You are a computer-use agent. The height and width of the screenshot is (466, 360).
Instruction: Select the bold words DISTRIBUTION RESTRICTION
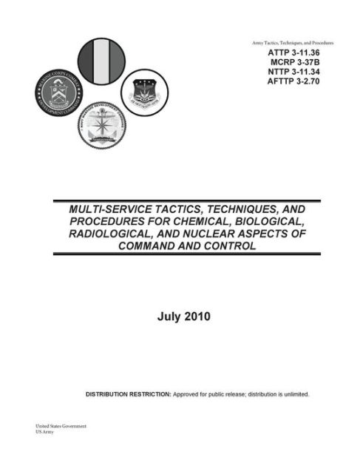(x=129, y=394)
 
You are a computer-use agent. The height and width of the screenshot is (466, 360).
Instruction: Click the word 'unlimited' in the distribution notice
(x=292, y=394)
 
